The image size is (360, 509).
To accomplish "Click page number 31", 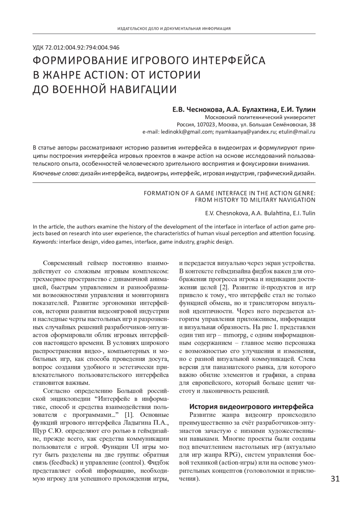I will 335,479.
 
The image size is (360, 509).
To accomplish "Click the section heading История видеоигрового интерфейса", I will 251,407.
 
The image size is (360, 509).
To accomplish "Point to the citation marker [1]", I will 129,415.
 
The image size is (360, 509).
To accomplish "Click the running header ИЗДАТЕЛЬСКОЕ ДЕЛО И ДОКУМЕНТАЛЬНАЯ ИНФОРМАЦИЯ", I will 174,29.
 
